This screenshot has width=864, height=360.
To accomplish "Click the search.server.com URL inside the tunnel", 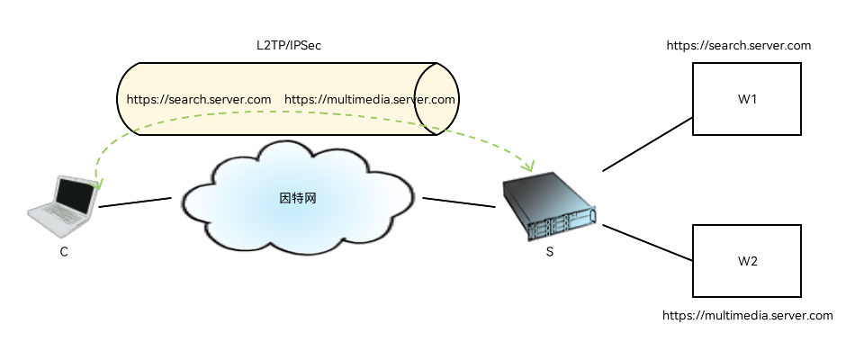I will tap(199, 99).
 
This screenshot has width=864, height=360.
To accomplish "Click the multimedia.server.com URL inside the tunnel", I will tap(370, 99).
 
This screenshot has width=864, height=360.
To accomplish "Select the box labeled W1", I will tap(746, 99).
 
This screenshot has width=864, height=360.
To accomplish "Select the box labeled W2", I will tap(746, 261).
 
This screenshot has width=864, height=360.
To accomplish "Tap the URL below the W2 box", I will tap(748, 316).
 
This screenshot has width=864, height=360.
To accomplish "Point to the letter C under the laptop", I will tap(64, 252).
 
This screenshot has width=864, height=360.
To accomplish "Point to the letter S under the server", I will tap(550, 252).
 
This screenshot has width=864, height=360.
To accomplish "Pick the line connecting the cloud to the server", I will tap(459, 202).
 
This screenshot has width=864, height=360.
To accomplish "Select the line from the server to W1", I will tap(647, 144).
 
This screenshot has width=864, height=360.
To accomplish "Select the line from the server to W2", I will tap(647, 243).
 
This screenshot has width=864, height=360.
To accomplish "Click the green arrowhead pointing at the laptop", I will tap(96, 184).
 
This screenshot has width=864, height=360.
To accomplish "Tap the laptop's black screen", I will tap(74, 196).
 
